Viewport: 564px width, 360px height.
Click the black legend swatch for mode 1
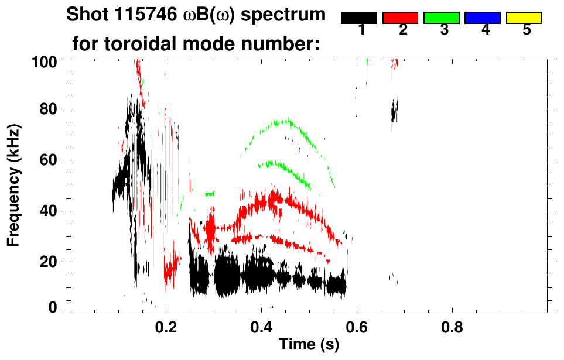point(359,18)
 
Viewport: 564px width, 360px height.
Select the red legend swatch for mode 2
point(400,18)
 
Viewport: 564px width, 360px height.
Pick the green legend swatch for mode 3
point(442,18)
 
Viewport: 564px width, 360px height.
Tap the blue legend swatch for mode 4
point(483,18)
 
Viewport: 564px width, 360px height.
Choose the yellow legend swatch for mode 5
point(524,18)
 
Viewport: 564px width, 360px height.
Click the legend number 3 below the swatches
point(444,30)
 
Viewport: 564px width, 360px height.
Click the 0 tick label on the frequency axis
point(53,308)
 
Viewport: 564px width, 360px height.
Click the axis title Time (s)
point(308,345)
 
